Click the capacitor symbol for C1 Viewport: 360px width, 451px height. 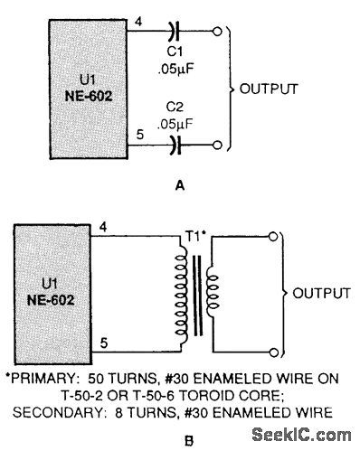175,35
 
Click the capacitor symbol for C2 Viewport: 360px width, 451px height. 175,143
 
